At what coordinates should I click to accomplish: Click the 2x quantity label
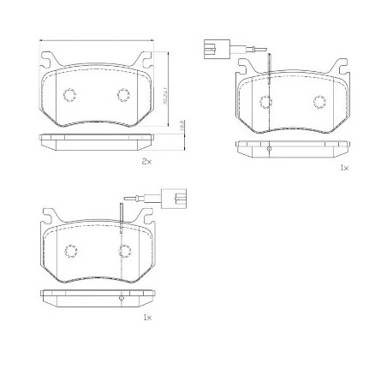[146, 162]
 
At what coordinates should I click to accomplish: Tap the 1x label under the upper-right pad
[343, 169]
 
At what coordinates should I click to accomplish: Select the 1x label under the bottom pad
[146, 317]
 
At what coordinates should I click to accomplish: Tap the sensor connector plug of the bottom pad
[179, 203]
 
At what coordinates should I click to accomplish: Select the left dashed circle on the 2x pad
[71, 95]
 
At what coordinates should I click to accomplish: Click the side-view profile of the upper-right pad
[293, 147]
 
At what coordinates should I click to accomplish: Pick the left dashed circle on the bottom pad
[71, 251]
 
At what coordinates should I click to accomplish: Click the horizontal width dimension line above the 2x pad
[96, 40]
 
